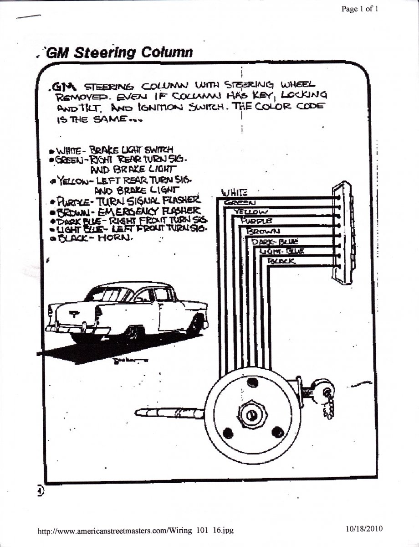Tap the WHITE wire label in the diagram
pos(234,193)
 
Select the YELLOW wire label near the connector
pos(251,211)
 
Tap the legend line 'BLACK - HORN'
pos(94,237)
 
